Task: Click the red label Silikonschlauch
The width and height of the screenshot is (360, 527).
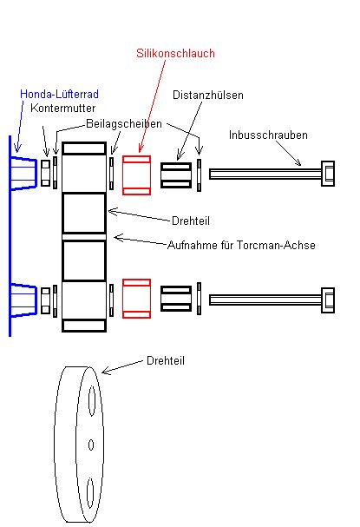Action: (175, 54)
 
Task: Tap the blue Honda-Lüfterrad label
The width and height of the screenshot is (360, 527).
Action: (60, 94)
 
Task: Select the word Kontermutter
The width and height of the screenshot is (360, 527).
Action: (62, 108)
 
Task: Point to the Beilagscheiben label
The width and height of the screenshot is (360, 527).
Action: (124, 123)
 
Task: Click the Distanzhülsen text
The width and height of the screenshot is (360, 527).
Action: (208, 95)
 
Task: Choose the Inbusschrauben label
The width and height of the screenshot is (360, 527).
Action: (268, 135)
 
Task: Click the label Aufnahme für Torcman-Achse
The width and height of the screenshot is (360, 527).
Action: (241, 245)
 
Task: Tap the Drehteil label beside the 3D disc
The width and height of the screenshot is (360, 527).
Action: (166, 360)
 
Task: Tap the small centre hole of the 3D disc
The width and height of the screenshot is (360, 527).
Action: (91, 445)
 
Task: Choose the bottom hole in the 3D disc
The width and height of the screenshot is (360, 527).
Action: (90, 493)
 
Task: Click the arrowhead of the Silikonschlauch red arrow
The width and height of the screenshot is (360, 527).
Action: (141, 148)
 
